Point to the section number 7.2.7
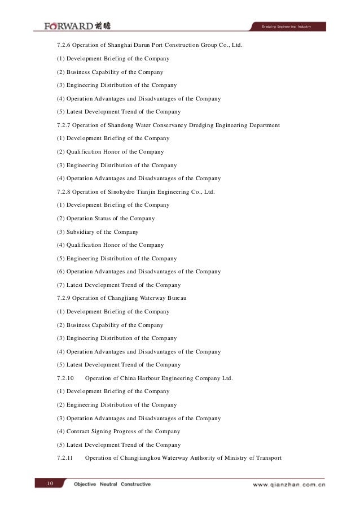pos(65,125)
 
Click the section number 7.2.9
pos(65,298)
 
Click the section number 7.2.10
pos(67,378)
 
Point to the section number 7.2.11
pos(67,458)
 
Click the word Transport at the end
pos(267,458)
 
